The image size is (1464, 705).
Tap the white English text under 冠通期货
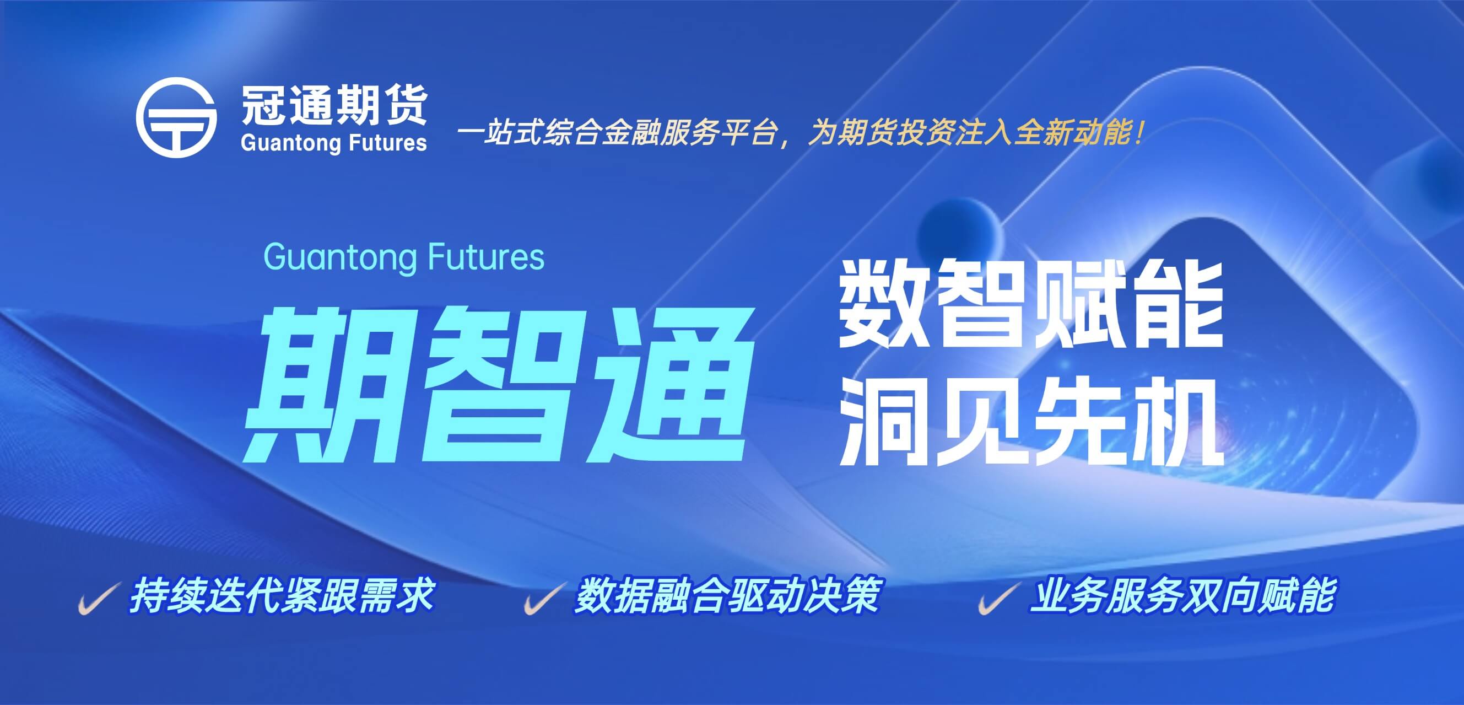tap(333, 143)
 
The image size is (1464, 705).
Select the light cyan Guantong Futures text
tap(403, 257)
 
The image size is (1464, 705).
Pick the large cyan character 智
tap(494, 384)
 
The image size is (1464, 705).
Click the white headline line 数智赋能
tap(1031, 305)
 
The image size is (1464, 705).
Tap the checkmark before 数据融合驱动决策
tap(544, 598)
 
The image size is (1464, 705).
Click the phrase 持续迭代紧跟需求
tap(282, 596)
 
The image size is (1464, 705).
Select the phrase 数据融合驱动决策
tap(727, 596)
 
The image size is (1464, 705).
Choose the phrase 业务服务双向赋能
tap(1181, 596)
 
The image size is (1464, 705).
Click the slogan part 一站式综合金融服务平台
tap(616, 134)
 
